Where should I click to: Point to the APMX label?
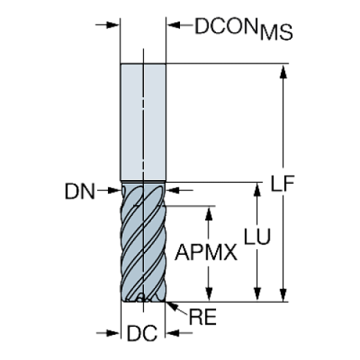pos(208,254)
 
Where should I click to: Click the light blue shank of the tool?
pos(144,121)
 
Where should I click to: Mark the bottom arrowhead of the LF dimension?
pos(284,295)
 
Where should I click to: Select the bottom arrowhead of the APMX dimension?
pos(210,295)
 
